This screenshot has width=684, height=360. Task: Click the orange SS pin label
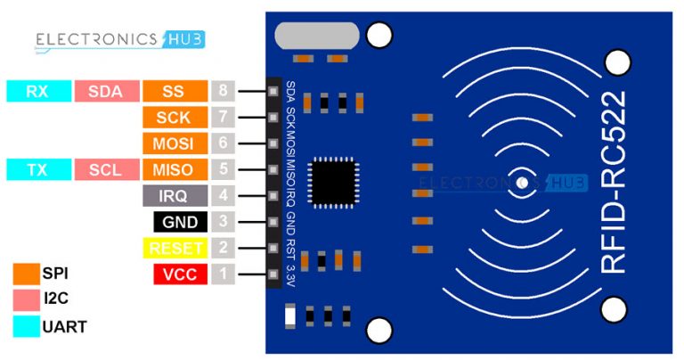pos(175,91)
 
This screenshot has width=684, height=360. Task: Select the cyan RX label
pos(37,91)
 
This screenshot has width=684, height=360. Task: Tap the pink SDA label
pos(107,91)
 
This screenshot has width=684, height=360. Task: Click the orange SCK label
pos(175,117)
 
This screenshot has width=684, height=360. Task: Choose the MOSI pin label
pos(175,143)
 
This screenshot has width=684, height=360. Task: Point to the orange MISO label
pos(175,169)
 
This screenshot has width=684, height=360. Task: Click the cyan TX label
pos(37,169)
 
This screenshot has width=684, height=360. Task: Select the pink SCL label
pos(107,169)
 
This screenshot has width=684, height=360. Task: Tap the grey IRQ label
pos(175,195)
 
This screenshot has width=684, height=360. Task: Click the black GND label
pos(180,222)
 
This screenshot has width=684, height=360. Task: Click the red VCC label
pos(180,274)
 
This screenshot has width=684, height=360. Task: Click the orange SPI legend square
pos(26,274)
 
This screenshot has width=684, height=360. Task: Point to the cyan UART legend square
pos(26,326)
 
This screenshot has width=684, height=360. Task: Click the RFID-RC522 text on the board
pos(615,182)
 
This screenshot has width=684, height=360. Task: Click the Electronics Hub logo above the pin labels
pos(119,39)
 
